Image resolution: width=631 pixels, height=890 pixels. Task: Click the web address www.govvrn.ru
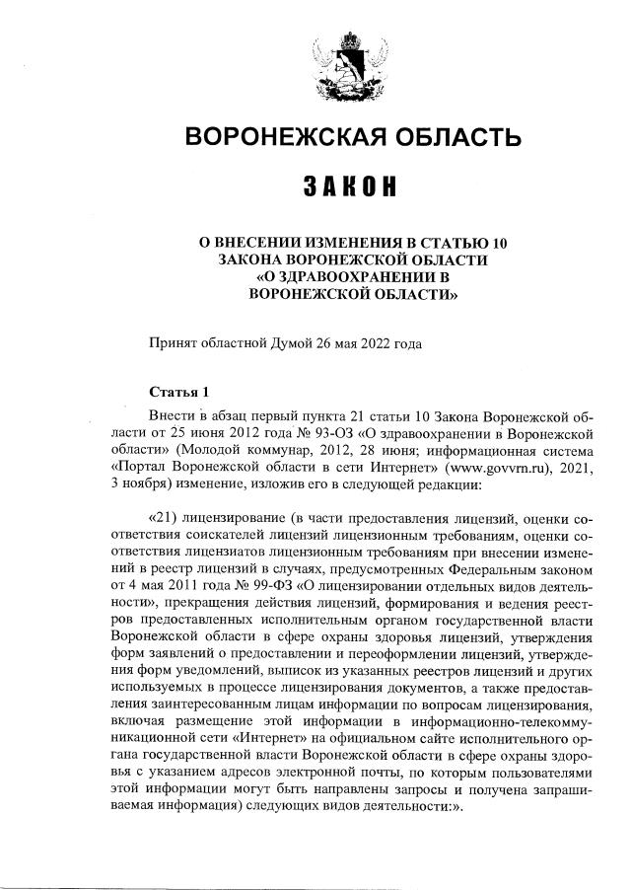click(492, 467)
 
